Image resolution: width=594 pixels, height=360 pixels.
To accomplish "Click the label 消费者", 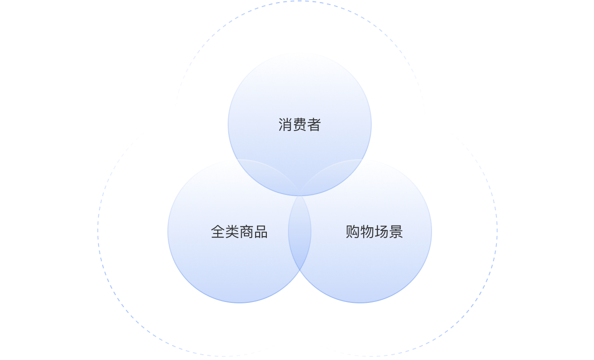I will click(x=299, y=125).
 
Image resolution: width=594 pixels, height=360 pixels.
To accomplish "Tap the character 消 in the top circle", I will click(x=285, y=125).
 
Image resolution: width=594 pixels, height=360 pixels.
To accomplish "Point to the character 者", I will click(x=314, y=125).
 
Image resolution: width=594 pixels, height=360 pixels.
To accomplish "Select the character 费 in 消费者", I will click(x=299, y=125).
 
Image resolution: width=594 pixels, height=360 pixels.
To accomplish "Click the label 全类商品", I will click(x=239, y=232).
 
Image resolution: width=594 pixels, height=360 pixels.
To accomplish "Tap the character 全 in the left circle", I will click(x=218, y=232).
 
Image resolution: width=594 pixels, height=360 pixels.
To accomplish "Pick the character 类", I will click(x=232, y=232).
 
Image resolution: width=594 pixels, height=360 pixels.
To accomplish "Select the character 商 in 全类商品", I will click(x=246, y=232).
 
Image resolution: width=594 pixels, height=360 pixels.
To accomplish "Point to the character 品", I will click(x=261, y=232).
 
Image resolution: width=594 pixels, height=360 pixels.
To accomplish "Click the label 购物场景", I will click(x=374, y=232).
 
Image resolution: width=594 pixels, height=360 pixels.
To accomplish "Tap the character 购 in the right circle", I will click(x=353, y=232).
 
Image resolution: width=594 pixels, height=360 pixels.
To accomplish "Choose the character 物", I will click(x=367, y=232).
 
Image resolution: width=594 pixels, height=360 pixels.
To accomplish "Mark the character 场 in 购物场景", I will click(x=381, y=232).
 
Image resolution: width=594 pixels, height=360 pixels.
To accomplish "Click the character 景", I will click(x=396, y=232).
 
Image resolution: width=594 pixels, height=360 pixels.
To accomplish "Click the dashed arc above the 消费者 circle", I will click(x=300, y=1).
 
